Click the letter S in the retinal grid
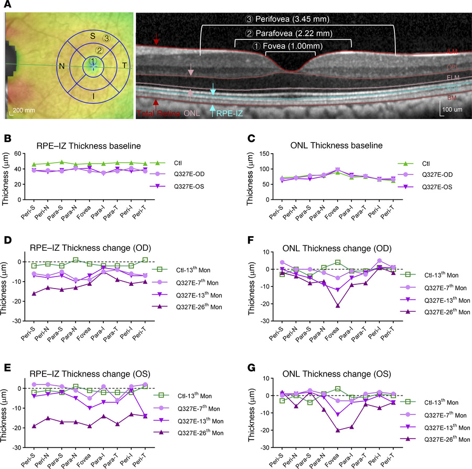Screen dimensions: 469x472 92,36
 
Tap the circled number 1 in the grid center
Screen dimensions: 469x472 92,62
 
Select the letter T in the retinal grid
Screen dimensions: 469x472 124,65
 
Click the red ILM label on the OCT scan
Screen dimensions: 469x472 452,52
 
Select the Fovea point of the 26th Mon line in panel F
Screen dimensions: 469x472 337,305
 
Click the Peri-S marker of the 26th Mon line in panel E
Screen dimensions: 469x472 34,426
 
